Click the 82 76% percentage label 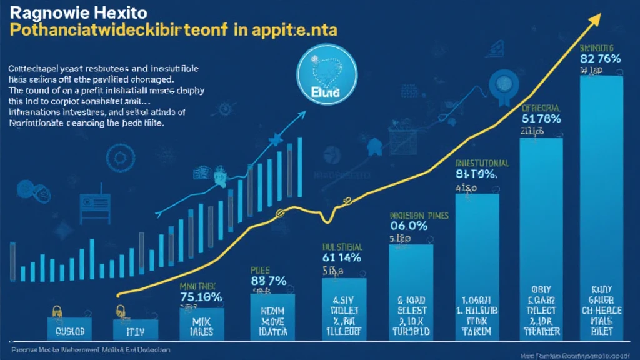tap(599, 59)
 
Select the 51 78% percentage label tap(541, 119)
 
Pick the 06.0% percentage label tap(409, 226)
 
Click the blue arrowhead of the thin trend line tap(302, 115)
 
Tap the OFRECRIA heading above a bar tap(542, 107)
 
